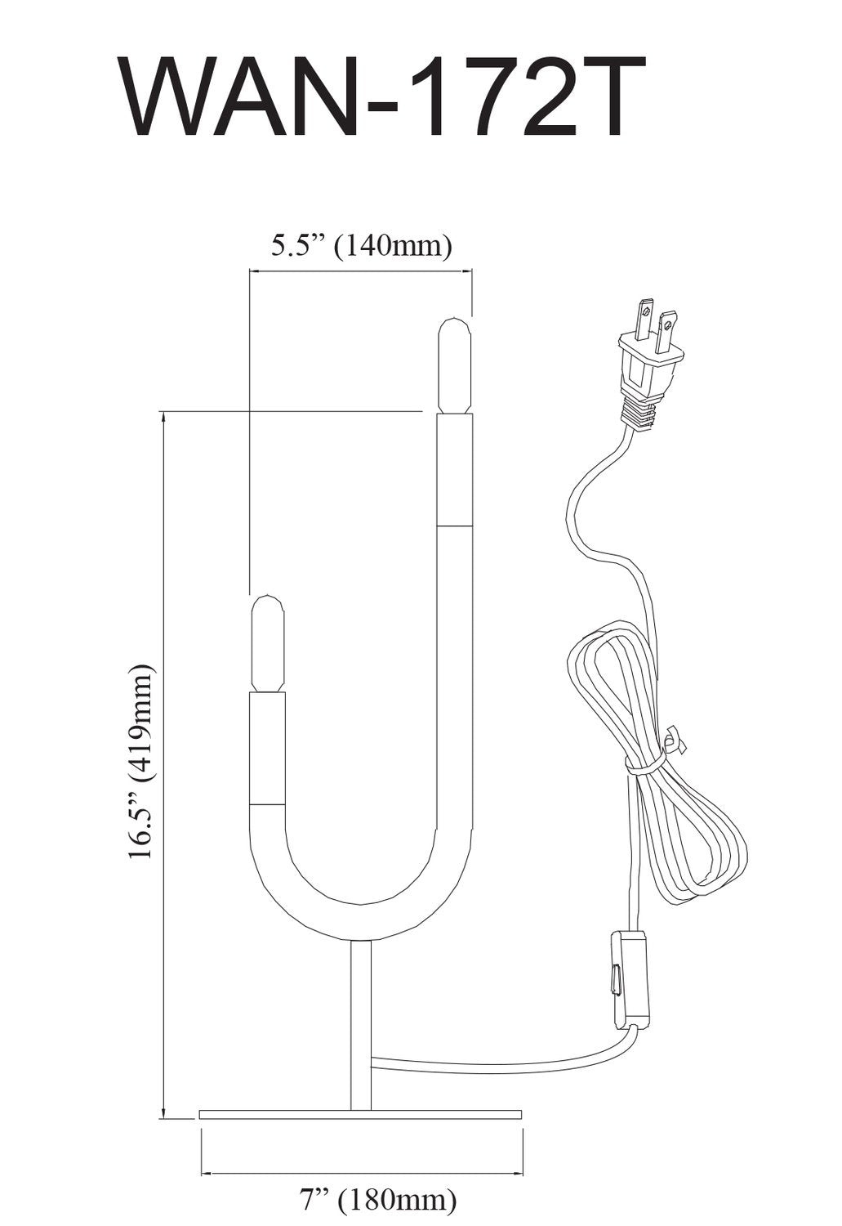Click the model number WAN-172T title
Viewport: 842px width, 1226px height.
(x=384, y=98)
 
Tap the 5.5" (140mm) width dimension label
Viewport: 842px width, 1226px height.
(x=361, y=245)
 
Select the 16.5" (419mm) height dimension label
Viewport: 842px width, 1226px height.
(x=140, y=760)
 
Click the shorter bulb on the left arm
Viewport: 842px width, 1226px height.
(x=267, y=644)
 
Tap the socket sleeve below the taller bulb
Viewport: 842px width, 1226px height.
(x=454, y=470)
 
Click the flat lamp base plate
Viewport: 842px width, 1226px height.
(x=360, y=1114)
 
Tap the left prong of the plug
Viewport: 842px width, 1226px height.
(x=645, y=320)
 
